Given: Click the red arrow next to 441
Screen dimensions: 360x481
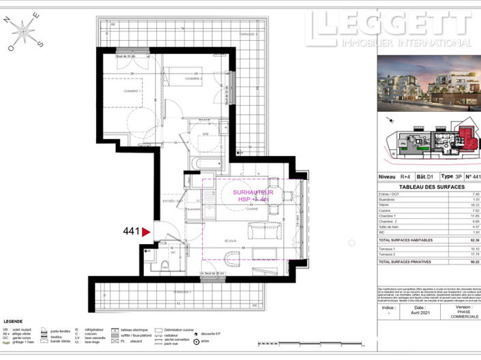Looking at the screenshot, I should click(x=145, y=232).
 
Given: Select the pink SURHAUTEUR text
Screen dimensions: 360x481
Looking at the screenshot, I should click(x=252, y=193).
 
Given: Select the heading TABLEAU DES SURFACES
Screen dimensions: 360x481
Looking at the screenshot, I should click(x=431, y=186).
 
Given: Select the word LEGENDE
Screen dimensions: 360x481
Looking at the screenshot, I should click(x=14, y=321).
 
